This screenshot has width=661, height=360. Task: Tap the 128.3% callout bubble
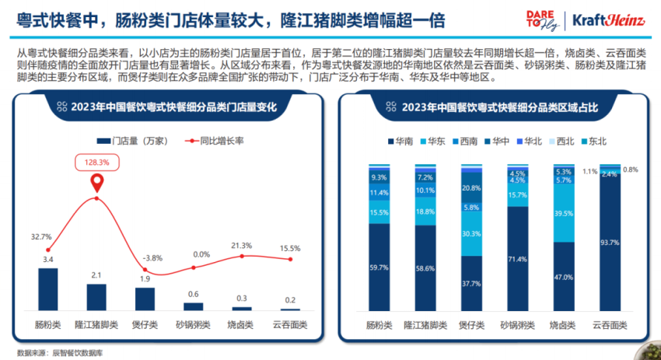[96, 163]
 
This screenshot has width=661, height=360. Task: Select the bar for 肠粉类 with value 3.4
[48, 289]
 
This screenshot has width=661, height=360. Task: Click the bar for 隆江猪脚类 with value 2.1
[96, 297]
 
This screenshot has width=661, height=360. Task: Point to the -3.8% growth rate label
[146, 258]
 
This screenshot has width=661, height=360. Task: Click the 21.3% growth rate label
[242, 246]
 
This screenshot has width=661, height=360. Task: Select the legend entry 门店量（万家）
[131, 142]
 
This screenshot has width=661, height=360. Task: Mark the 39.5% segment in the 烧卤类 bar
[564, 214]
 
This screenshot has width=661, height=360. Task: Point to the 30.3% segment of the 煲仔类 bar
[470, 233]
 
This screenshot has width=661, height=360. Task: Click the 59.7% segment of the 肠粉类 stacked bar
[379, 267]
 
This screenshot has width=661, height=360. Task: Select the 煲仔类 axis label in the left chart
[145, 324]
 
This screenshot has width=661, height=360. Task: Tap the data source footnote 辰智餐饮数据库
[59, 352]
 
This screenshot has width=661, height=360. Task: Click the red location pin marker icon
[97, 183]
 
